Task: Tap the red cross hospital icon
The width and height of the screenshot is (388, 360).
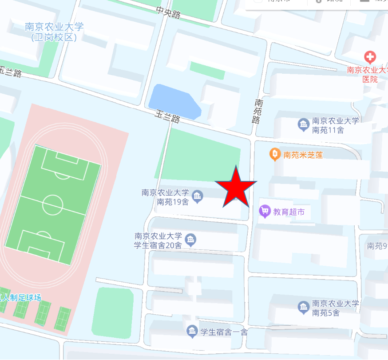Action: point(370,57)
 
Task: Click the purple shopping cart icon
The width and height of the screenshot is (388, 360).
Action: point(265,211)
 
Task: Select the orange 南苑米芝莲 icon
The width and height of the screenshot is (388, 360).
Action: point(275,155)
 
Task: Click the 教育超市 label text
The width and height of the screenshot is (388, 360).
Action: point(289,212)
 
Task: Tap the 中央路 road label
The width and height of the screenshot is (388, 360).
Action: point(168,12)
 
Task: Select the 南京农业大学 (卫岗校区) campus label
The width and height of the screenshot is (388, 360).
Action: point(54,32)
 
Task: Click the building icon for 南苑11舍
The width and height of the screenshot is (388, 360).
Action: point(303,125)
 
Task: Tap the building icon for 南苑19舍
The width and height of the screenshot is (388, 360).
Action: point(197,196)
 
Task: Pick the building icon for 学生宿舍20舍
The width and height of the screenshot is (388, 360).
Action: point(190,240)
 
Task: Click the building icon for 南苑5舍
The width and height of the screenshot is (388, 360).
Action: point(303,307)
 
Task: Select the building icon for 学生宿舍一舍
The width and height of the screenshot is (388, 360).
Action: point(192,331)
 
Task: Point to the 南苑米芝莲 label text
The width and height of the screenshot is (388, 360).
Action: point(303,155)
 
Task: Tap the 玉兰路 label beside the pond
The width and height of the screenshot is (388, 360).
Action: point(168,116)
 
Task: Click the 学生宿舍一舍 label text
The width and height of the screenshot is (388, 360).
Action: point(224,332)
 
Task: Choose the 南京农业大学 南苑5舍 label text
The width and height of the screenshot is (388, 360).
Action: point(335,308)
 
